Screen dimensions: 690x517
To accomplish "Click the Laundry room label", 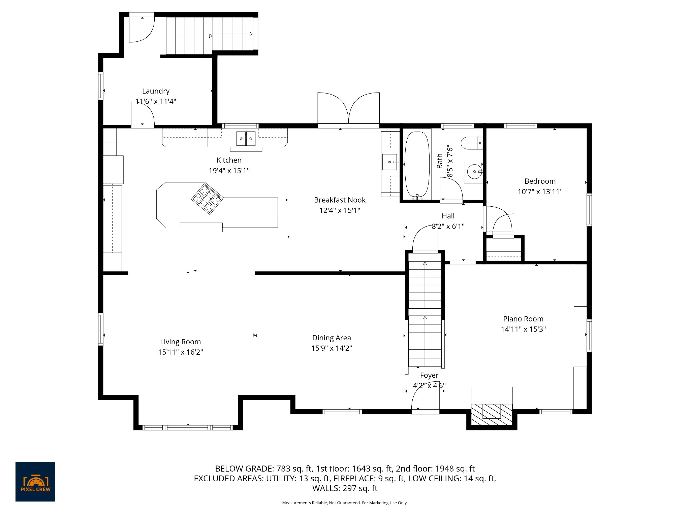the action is click(x=156, y=91).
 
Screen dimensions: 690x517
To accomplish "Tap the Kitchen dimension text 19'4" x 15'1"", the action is click(x=229, y=171).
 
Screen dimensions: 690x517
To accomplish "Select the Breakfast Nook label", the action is click(x=340, y=200).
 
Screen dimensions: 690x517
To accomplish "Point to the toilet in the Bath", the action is click(x=472, y=143).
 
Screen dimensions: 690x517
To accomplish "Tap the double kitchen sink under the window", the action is click(x=245, y=138).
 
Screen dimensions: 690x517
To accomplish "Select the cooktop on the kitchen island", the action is click(x=207, y=199).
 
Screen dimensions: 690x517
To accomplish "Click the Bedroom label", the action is click(x=540, y=181).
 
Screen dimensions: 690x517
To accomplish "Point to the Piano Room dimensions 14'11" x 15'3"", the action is click(x=523, y=329).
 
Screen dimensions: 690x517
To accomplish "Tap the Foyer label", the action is click(x=429, y=375).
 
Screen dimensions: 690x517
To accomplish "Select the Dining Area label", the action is click(x=332, y=338).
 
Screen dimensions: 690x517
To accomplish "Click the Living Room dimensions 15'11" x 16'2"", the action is click(x=181, y=352).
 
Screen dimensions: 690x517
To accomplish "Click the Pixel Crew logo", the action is click(x=35, y=482).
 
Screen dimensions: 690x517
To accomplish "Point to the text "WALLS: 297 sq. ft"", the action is click(x=345, y=488).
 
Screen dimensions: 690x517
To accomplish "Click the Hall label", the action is click(x=448, y=216).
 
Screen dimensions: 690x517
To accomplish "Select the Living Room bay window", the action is click(x=188, y=427).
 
